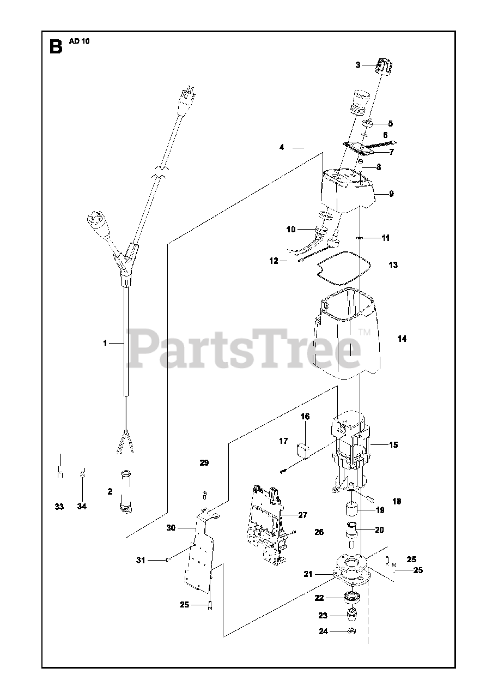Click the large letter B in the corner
tap(56, 46)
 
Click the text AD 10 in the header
tap(78, 41)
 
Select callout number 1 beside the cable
tap(105, 343)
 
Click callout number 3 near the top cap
tap(358, 65)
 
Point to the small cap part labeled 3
tap(384, 68)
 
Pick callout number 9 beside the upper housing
tap(391, 194)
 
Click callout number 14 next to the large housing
tap(402, 339)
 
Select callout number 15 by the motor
tap(393, 444)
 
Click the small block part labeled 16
tap(302, 452)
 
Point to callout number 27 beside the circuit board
tap(303, 515)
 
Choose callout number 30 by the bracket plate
tap(171, 528)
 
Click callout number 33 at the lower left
tap(59, 507)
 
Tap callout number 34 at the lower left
tap(82, 507)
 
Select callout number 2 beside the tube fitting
tap(110, 491)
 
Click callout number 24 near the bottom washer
tap(323, 631)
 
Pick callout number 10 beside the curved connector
tap(291, 230)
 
